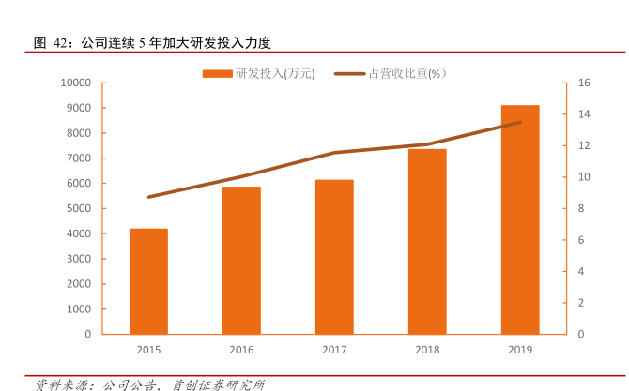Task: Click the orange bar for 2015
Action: (x=148, y=281)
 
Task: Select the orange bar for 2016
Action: (x=241, y=261)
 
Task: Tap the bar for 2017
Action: (x=334, y=257)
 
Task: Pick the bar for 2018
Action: (x=427, y=241)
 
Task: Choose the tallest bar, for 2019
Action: (x=520, y=219)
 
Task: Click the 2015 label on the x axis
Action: (x=148, y=350)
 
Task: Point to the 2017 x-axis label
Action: (x=334, y=350)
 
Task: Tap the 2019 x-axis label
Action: (x=520, y=350)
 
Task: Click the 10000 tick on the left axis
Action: (x=74, y=83)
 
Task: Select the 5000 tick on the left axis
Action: (x=77, y=208)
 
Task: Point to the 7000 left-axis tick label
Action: (x=77, y=158)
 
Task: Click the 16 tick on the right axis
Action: (x=583, y=83)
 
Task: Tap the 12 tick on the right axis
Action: (x=583, y=145)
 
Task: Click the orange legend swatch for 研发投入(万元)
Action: (x=217, y=72)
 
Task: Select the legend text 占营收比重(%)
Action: (x=407, y=72)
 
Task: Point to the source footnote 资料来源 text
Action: (x=150, y=383)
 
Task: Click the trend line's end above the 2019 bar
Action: (x=520, y=122)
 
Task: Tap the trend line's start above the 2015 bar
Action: (x=148, y=197)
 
